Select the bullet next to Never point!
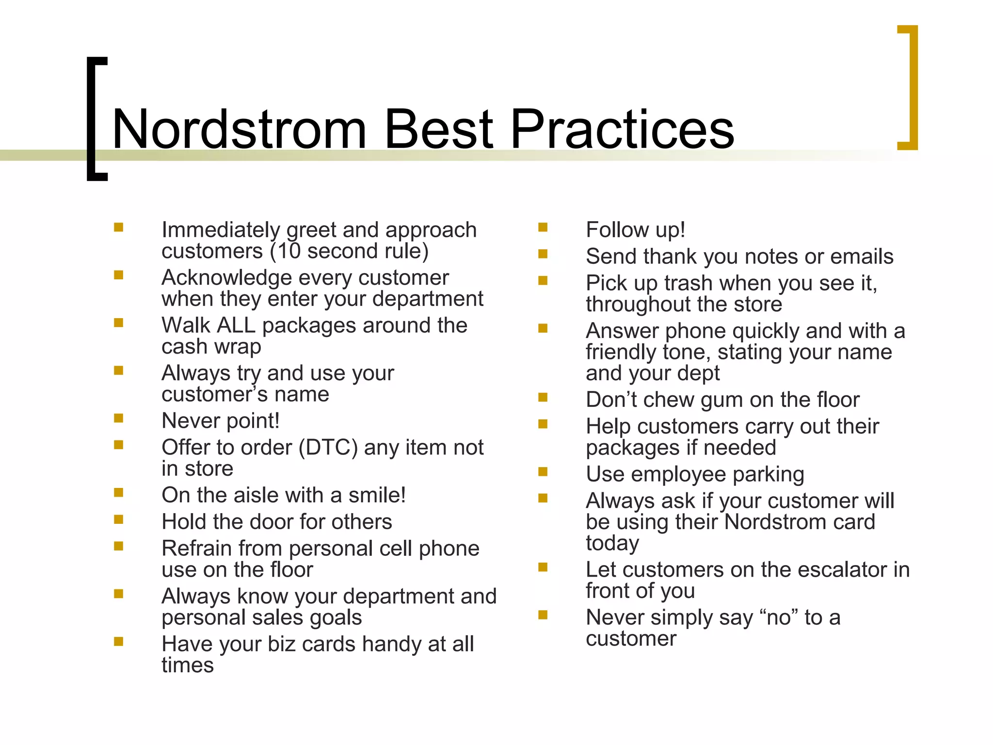118,418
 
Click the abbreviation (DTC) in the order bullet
328,447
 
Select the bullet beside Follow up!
543,227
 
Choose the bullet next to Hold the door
118,519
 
